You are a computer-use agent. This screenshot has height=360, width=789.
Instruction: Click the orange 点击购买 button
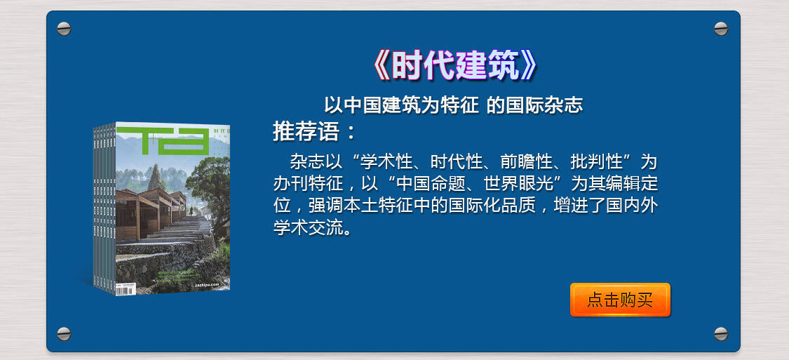620,300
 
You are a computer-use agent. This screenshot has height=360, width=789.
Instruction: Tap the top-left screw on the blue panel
64,29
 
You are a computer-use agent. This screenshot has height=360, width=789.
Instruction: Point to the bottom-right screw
721,334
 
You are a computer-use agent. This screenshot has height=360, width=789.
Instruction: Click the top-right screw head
721,29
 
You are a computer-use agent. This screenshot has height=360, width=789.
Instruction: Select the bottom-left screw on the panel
64,334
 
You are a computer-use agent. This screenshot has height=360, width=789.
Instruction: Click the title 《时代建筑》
455,66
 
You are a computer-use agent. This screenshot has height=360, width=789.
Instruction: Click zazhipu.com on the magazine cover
207,285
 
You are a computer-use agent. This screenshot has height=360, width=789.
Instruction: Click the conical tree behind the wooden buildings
156,178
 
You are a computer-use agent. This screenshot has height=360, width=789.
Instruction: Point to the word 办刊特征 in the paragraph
307,184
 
